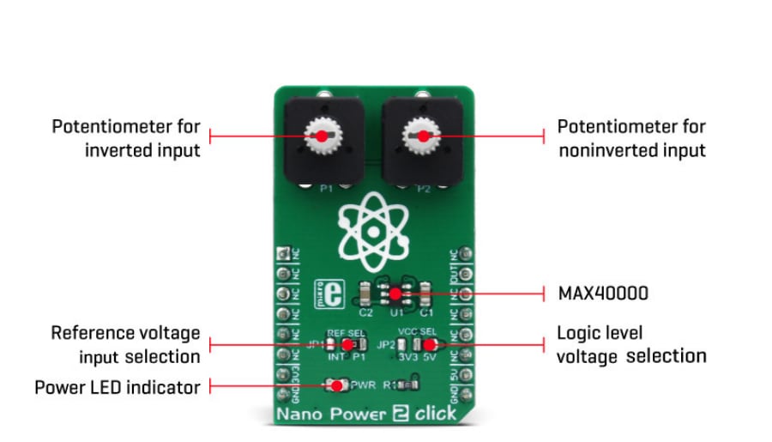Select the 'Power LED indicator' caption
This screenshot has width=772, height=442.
[117, 387]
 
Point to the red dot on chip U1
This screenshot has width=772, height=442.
[395, 294]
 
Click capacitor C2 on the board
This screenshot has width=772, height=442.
[365, 294]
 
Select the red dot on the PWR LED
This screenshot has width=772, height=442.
[337, 386]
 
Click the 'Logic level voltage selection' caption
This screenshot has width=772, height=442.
[630, 344]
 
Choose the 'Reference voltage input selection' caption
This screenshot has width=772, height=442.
[125, 343]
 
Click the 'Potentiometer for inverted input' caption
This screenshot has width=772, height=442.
[125, 138]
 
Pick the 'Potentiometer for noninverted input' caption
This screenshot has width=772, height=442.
[630, 138]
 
